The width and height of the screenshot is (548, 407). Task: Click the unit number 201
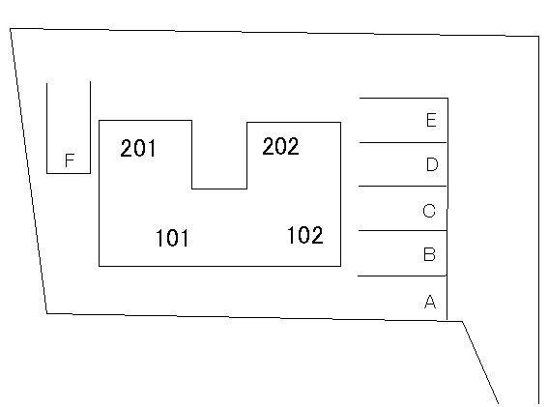[138, 148]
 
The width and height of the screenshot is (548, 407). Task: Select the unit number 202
[280, 146]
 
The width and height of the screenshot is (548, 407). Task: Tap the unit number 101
[172, 238]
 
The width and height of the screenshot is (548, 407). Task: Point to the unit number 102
[305, 235]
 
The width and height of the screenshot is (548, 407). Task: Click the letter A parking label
[430, 302]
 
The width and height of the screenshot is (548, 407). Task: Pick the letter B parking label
[429, 254]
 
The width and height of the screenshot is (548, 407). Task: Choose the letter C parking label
[429, 211]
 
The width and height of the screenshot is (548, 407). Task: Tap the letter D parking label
[432, 164]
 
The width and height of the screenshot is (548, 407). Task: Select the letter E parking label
[431, 120]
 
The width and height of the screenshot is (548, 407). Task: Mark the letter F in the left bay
[70, 160]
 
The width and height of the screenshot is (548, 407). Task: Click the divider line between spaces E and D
[403, 143]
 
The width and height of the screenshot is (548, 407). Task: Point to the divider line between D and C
[403, 186]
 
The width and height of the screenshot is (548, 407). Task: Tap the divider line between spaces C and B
[403, 230]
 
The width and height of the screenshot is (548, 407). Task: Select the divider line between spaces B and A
[402, 276]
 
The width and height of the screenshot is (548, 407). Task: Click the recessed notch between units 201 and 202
[219, 189]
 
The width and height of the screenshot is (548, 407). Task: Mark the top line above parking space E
[404, 99]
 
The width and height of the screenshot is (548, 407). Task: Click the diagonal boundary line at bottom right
[480, 363]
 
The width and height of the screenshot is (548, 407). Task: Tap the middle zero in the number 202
[280, 146]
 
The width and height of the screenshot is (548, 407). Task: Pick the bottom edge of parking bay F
[69, 173]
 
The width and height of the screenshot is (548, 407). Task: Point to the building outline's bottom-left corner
[100, 266]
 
